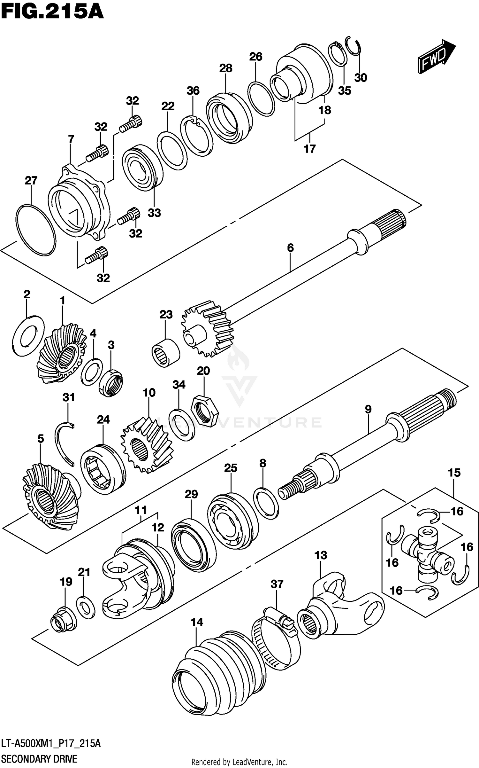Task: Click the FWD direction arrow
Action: coord(436,57)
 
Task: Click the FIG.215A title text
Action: coord(52,12)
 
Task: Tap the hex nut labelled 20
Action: coord(204,411)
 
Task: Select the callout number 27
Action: coord(31,181)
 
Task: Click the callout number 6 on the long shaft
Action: coord(290,248)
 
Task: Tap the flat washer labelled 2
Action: coord(28,336)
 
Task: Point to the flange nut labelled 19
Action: coord(63,620)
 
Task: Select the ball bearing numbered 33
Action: coord(142,168)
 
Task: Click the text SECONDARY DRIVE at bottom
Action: coord(39,759)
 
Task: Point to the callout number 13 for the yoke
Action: coord(320,555)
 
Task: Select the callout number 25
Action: coord(231,468)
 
